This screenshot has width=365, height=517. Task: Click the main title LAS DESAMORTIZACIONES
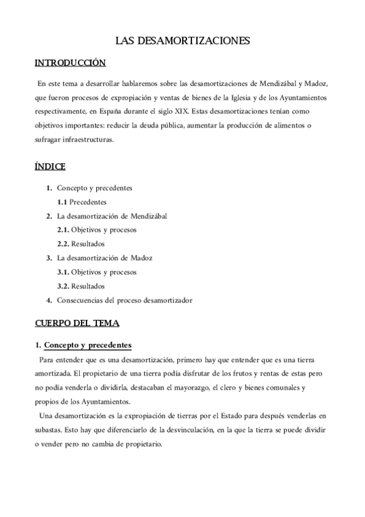(x=183, y=41)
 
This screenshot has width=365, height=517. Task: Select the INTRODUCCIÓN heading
(x=70, y=63)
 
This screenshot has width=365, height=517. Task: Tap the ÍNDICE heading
(x=50, y=166)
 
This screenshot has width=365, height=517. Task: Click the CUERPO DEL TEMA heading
(x=77, y=323)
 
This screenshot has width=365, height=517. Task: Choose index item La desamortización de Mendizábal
(x=112, y=216)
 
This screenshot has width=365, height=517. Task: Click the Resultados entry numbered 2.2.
(x=87, y=244)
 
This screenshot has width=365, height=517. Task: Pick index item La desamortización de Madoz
(x=104, y=258)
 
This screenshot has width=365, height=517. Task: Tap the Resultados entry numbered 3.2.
(x=87, y=286)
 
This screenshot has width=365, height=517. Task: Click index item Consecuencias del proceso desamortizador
(x=124, y=300)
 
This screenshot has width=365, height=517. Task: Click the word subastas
(x=51, y=429)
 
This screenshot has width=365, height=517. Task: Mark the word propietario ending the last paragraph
(x=144, y=443)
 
